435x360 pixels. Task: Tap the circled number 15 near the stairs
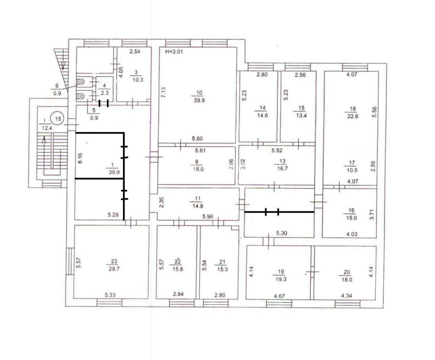pyautogui.click(x=57, y=118)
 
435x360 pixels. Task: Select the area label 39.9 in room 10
pyautogui.click(x=199, y=101)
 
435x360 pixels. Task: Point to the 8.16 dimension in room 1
pyautogui.click(x=80, y=159)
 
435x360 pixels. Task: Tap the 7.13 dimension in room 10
pyautogui.click(x=164, y=92)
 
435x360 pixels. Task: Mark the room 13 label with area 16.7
pyautogui.click(x=282, y=165)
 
